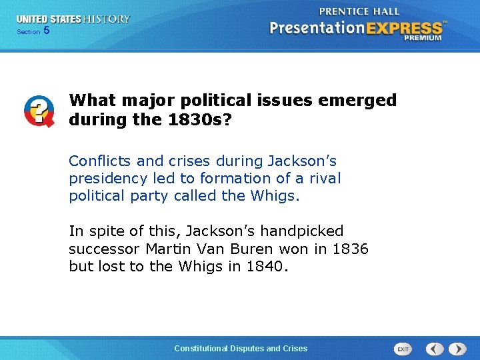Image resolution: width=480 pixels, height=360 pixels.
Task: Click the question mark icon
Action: pos(39,111)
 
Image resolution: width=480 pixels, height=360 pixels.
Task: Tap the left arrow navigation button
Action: pos(435,349)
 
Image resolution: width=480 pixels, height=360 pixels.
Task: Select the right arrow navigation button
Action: pos(457,349)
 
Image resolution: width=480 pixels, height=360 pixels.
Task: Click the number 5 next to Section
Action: pos(46,31)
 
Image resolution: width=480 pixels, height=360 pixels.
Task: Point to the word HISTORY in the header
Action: pos(107,19)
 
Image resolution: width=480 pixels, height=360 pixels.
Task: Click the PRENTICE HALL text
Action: pos(359,11)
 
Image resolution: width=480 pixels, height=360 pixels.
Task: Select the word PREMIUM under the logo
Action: pos(422,39)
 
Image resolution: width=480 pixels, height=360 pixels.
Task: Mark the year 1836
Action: pos(349,249)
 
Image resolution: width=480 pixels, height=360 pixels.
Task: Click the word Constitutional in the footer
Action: pos(201,348)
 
